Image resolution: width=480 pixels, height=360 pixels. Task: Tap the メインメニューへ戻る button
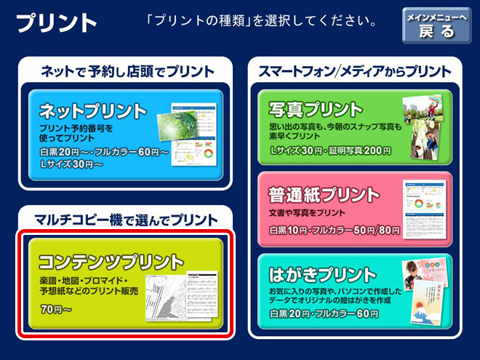(x=436, y=25)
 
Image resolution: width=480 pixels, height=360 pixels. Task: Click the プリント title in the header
(x=56, y=23)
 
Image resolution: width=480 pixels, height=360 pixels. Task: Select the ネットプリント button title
(x=93, y=111)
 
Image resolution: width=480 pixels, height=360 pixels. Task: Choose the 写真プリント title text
(x=316, y=109)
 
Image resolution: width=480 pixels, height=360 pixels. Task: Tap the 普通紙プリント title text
(x=324, y=194)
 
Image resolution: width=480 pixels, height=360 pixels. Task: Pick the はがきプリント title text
(x=322, y=275)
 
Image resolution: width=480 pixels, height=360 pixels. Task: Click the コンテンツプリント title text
(x=111, y=262)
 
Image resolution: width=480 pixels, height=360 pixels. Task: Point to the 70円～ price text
(x=56, y=309)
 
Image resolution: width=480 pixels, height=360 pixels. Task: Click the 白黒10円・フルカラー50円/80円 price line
(x=335, y=231)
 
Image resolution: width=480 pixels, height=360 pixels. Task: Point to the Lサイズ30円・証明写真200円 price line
(x=330, y=151)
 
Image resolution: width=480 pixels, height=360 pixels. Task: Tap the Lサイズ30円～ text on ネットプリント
(x=71, y=164)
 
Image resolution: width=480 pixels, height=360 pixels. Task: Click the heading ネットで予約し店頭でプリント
(x=127, y=71)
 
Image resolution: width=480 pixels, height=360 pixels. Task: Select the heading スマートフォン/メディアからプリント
(x=355, y=71)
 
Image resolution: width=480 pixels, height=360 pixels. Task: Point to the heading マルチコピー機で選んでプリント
(x=126, y=220)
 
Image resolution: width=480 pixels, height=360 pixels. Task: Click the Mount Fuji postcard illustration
(x=427, y=303)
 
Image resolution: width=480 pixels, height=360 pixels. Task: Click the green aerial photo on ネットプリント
(x=177, y=126)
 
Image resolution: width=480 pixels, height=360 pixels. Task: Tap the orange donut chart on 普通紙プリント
(x=418, y=203)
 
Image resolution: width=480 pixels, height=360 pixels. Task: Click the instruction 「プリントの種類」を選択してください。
(x=262, y=20)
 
